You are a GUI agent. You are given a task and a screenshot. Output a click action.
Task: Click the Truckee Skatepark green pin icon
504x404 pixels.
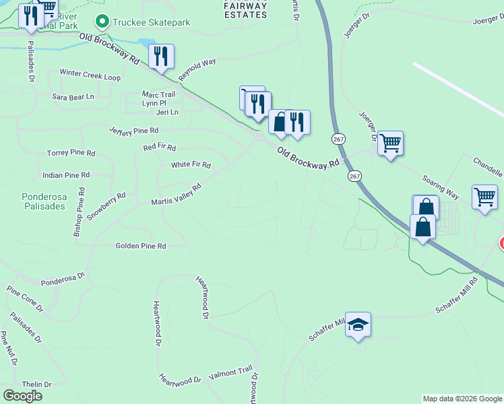pyautogui.click(x=102, y=22)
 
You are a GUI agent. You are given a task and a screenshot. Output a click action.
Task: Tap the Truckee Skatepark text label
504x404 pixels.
pyautogui.click(x=151, y=22)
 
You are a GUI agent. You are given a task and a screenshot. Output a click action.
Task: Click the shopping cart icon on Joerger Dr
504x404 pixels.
pyautogui.click(x=390, y=143)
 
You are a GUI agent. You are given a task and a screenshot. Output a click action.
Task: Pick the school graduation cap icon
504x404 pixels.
pyautogui.click(x=358, y=324)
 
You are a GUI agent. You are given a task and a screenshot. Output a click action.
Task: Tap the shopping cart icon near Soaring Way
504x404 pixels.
pyautogui.click(x=484, y=197)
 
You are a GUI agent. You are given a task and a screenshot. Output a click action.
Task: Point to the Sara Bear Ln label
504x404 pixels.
pyautogui.click(x=73, y=97)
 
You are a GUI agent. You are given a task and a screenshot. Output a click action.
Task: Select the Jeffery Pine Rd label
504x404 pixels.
pyautogui.click(x=133, y=130)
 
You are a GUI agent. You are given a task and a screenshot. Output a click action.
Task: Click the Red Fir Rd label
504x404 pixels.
pyautogui.click(x=159, y=147)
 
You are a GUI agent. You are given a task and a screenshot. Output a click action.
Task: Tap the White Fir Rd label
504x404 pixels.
pyautogui.click(x=191, y=165)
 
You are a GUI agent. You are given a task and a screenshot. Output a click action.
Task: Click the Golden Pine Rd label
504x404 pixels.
pyautogui.click(x=141, y=246)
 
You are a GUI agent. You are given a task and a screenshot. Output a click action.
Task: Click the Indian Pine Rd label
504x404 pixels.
pyautogui.click(x=66, y=175)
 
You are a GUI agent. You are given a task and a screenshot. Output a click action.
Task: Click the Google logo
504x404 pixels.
pyautogui.click(x=22, y=396)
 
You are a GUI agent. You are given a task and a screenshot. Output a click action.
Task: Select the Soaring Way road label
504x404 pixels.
pyautogui.click(x=441, y=188)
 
